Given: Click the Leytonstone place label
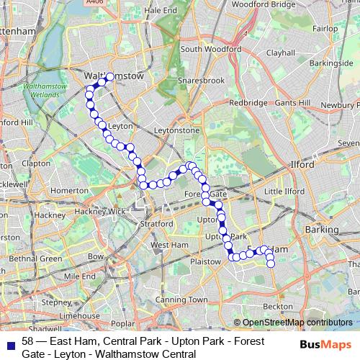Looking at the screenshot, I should pyautogui.click(x=177, y=131).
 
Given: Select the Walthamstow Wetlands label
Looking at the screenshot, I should pyautogui.click(x=46, y=90).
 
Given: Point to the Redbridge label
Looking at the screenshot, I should pyautogui.click(x=248, y=103).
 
